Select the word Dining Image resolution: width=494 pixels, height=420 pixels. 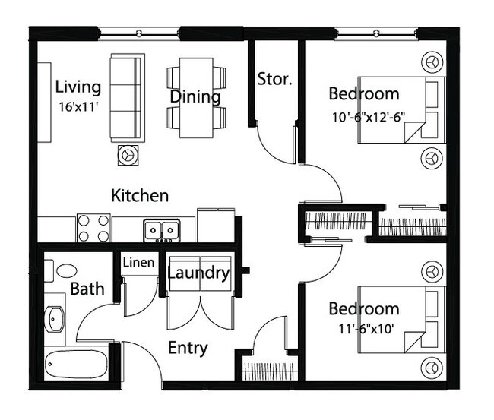[x=195, y=97]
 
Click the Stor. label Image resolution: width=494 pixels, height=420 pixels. [x=275, y=79]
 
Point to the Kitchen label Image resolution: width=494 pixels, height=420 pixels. [x=140, y=195]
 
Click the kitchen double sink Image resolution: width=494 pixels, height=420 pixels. [x=161, y=229]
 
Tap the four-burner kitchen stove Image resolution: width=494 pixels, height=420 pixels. [x=93, y=228]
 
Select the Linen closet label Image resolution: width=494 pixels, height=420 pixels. [x=139, y=263]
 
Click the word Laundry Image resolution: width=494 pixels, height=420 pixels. [x=198, y=272]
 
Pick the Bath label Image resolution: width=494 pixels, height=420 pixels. [x=87, y=289]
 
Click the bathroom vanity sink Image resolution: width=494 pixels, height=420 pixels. [x=56, y=320]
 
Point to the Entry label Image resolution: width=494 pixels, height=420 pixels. [x=188, y=349]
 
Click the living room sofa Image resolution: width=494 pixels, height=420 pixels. [x=127, y=96]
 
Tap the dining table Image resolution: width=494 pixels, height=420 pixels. [x=196, y=98]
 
